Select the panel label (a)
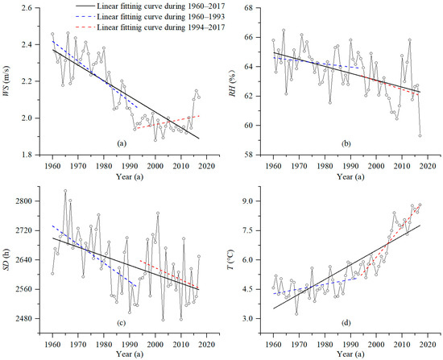point(122,142)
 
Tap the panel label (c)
point(122,321)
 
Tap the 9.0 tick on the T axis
point(250,201)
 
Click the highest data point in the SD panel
point(64,191)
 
